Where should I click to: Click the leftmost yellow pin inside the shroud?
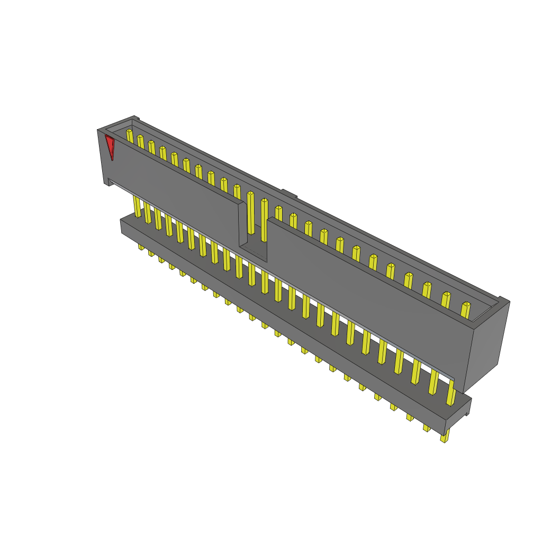pyautogui.click(x=130, y=135)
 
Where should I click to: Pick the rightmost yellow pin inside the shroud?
pyautogui.click(x=465, y=310)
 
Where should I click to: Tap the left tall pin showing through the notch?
pyautogui.click(x=250, y=212)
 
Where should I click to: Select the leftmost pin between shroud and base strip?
pyautogui.click(x=137, y=206)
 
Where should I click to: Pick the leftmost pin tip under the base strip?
pyautogui.click(x=141, y=247)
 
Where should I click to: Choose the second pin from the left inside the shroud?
pyautogui.click(x=140, y=141)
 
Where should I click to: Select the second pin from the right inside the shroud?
pyautogui.click(x=446, y=300)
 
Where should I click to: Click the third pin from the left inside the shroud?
pyautogui.click(x=151, y=147)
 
